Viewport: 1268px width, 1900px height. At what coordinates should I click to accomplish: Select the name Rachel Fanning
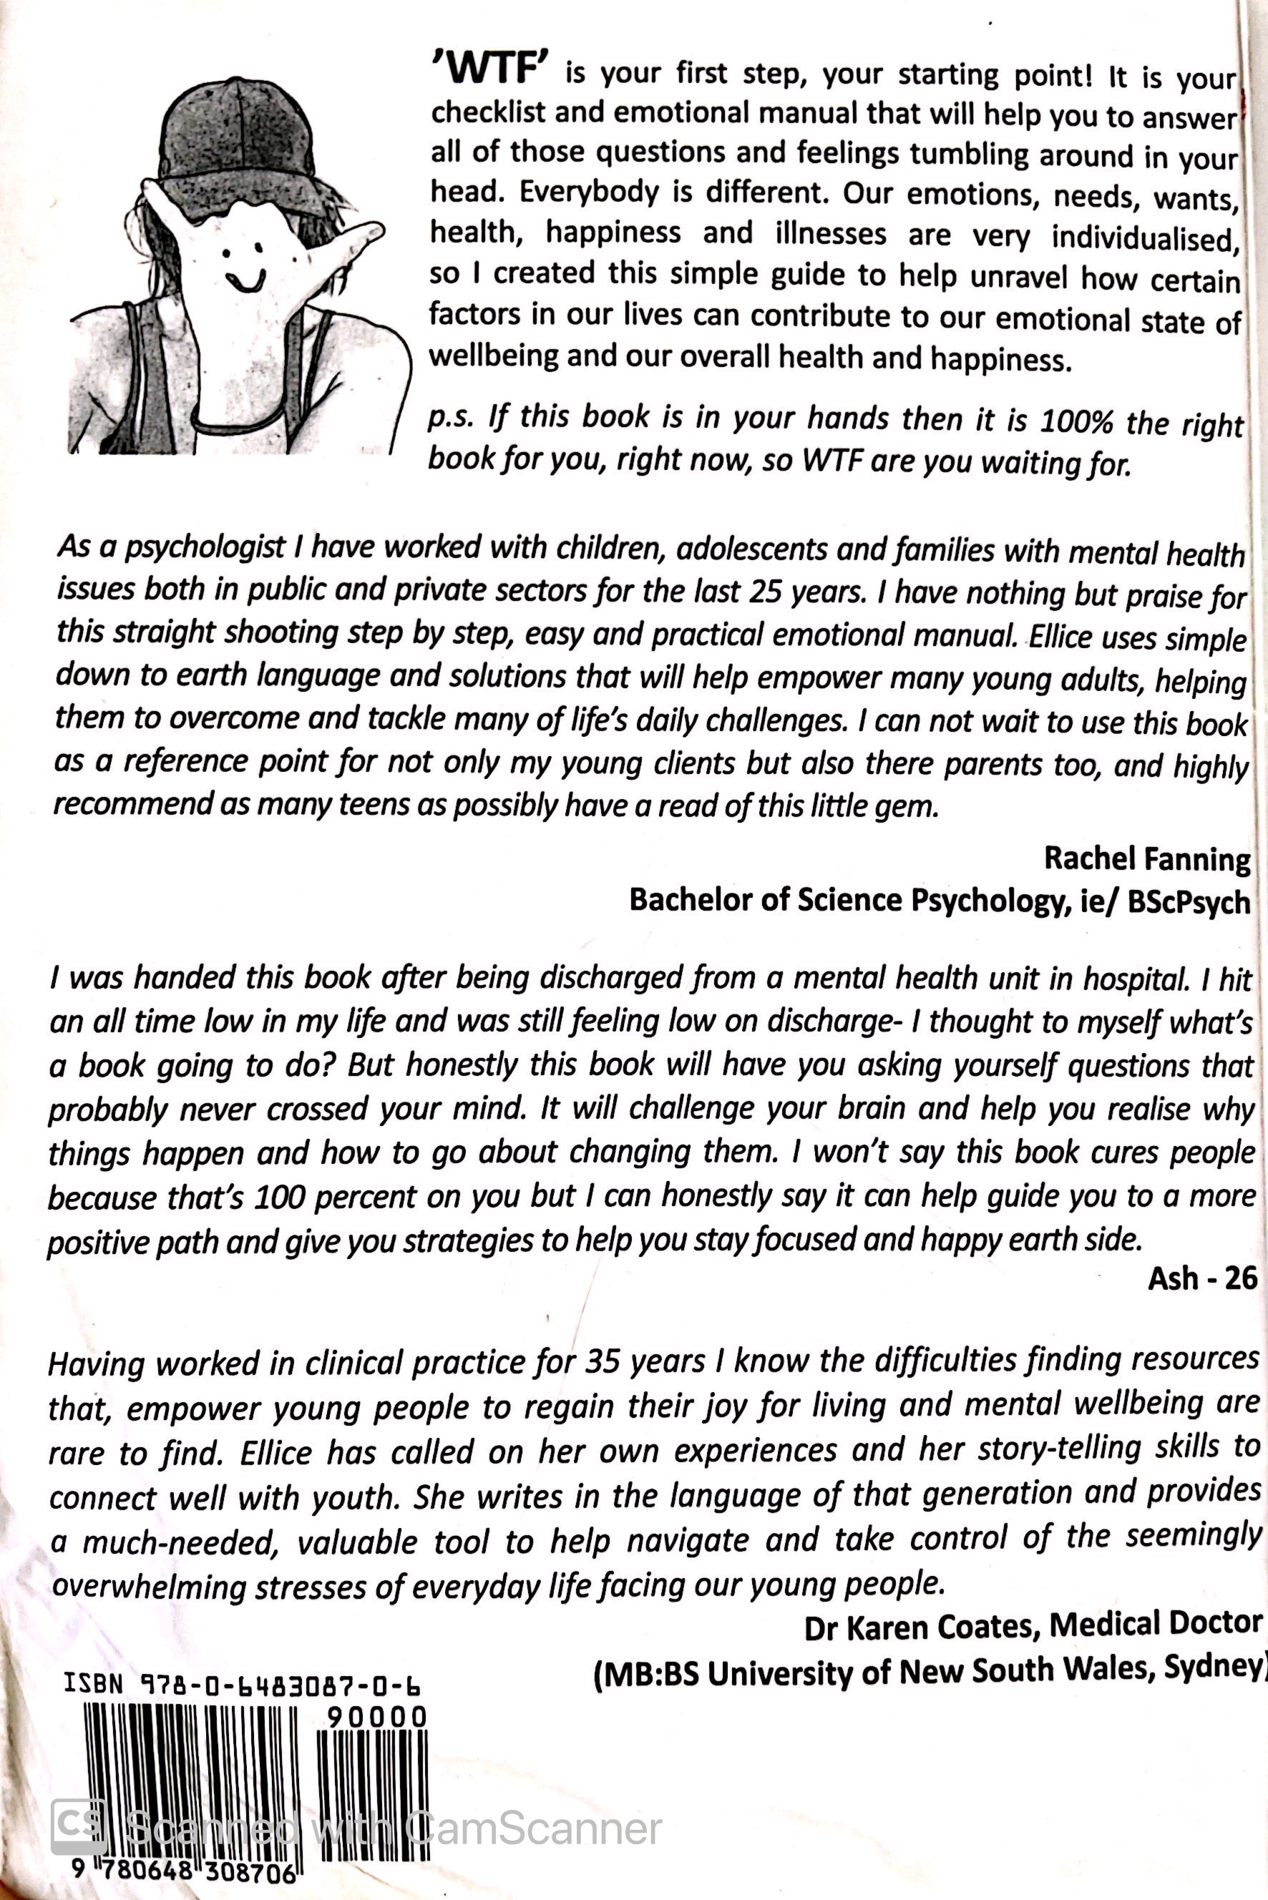coord(1146,858)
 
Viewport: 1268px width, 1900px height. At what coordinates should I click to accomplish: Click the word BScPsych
coord(1188,902)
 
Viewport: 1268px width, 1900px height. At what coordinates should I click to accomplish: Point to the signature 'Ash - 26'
coord(1201,1278)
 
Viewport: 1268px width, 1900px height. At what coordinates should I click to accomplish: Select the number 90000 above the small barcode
coord(376,1715)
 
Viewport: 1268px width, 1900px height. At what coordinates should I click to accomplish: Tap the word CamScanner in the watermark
coord(534,1829)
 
